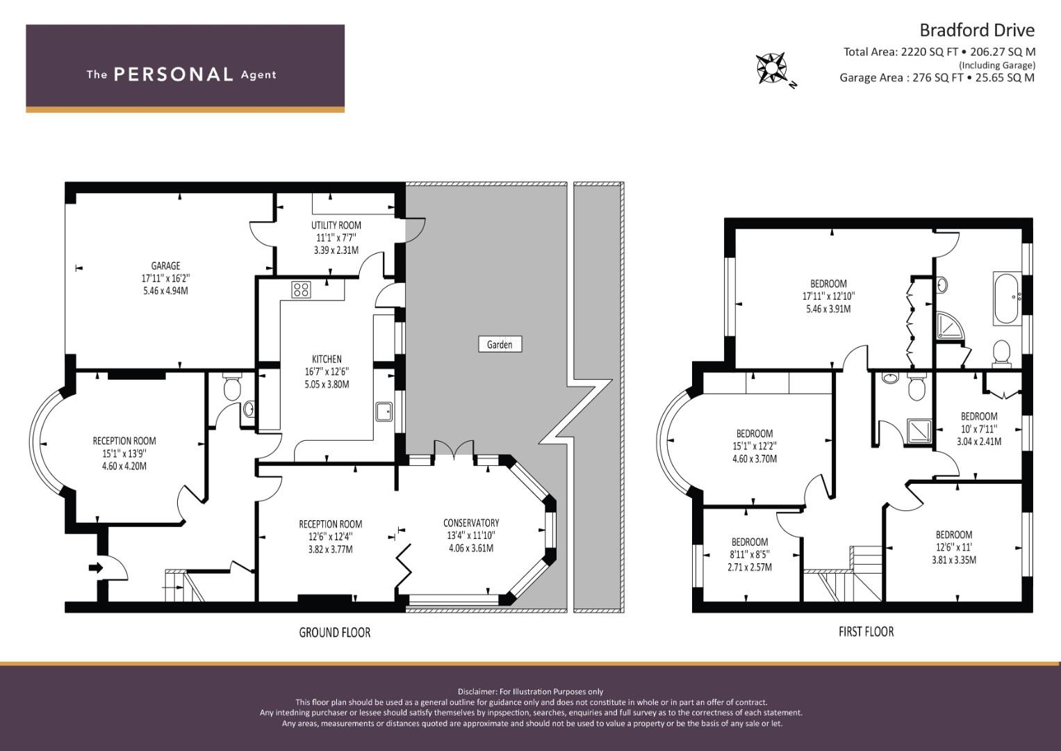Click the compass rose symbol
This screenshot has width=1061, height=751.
click(771, 68)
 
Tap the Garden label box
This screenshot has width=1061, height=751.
click(500, 344)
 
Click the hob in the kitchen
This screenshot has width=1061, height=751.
click(301, 289)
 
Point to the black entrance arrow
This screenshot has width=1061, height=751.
click(96, 567)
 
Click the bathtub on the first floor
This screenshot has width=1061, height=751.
click(1007, 298)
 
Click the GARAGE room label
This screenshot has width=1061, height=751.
click(165, 266)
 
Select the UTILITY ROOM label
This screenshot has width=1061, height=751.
click(336, 225)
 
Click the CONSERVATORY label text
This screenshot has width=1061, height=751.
click(471, 523)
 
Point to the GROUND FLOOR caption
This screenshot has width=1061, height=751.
click(334, 633)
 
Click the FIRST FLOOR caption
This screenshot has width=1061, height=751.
click(866, 631)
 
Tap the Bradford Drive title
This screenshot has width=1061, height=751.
click(977, 31)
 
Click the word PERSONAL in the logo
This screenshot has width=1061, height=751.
click(174, 74)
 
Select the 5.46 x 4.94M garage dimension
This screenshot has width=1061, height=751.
click(165, 291)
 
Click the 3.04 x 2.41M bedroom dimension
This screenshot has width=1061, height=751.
click(979, 442)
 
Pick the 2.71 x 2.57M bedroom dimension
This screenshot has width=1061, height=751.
click(749, 567)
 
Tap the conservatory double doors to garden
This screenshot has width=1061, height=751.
click(454, 449)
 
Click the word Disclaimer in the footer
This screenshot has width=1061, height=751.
click(477, 692)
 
